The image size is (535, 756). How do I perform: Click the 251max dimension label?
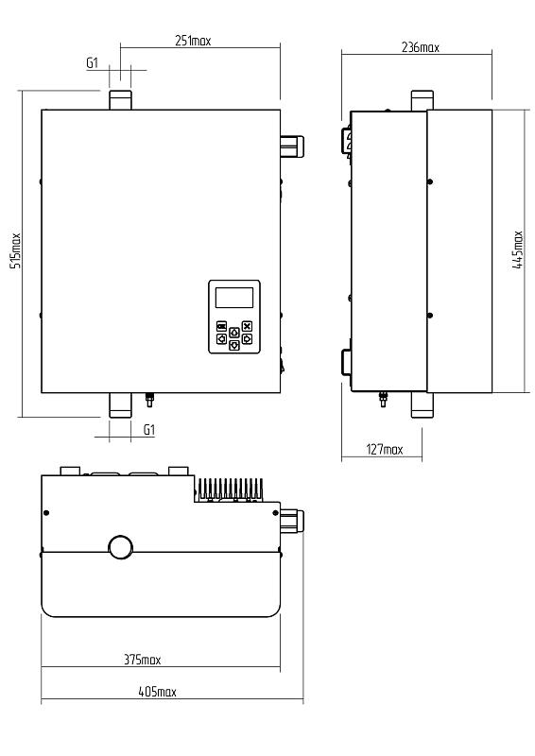(193, 41)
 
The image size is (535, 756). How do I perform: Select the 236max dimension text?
(421, 47)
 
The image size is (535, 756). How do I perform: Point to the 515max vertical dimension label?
(16, 250)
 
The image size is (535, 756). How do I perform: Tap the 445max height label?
(518, 249)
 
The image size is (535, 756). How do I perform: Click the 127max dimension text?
(385, 450)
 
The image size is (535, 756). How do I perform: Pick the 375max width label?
(143, 659)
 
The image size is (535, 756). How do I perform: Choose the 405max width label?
(157, 692)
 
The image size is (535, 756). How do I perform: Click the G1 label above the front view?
(92, 62)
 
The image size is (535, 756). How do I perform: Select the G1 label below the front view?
(149, 430)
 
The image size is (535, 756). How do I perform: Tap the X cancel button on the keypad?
(247, 326)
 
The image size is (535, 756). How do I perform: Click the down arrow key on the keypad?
(234, 345)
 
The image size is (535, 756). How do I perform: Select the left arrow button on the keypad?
(221, 339)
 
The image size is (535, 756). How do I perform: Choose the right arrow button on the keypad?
(247, 339)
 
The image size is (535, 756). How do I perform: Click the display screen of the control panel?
(234, 298)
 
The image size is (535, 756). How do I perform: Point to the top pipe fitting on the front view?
(120, 100)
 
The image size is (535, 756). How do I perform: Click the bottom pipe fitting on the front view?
(120, 405)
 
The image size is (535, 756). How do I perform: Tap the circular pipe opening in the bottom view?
(121, 547)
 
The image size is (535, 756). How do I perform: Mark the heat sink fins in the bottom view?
(230, 489)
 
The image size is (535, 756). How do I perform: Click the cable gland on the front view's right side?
(292, 146)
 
